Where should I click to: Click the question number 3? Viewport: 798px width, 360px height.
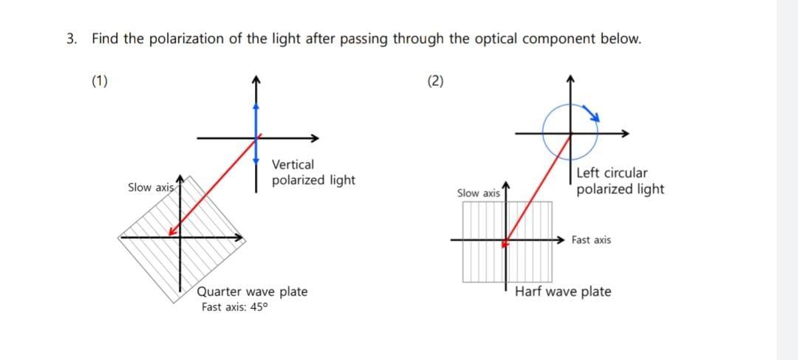point(70,39)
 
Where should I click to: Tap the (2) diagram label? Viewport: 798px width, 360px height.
point(436,81)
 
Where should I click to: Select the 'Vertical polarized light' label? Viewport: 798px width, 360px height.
point(313,172)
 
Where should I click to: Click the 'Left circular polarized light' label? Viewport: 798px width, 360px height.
point(619,181)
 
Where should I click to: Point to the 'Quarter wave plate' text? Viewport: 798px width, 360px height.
point(252,291)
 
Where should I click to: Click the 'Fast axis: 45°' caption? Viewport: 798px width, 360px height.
point(233,307)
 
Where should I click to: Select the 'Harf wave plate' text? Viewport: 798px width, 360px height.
point(563,291)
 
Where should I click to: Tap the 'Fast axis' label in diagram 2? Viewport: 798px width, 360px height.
point(591,240)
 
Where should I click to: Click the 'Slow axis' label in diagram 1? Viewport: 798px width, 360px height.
point(151,188)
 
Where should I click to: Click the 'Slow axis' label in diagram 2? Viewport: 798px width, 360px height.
point(479,193)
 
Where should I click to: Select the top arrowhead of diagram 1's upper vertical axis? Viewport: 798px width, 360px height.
point(256,78)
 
